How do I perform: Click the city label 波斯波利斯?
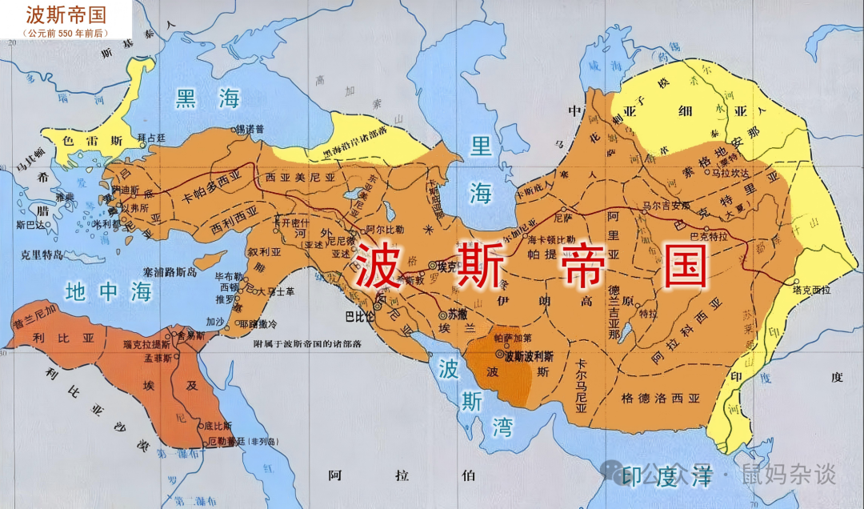point(529,354)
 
